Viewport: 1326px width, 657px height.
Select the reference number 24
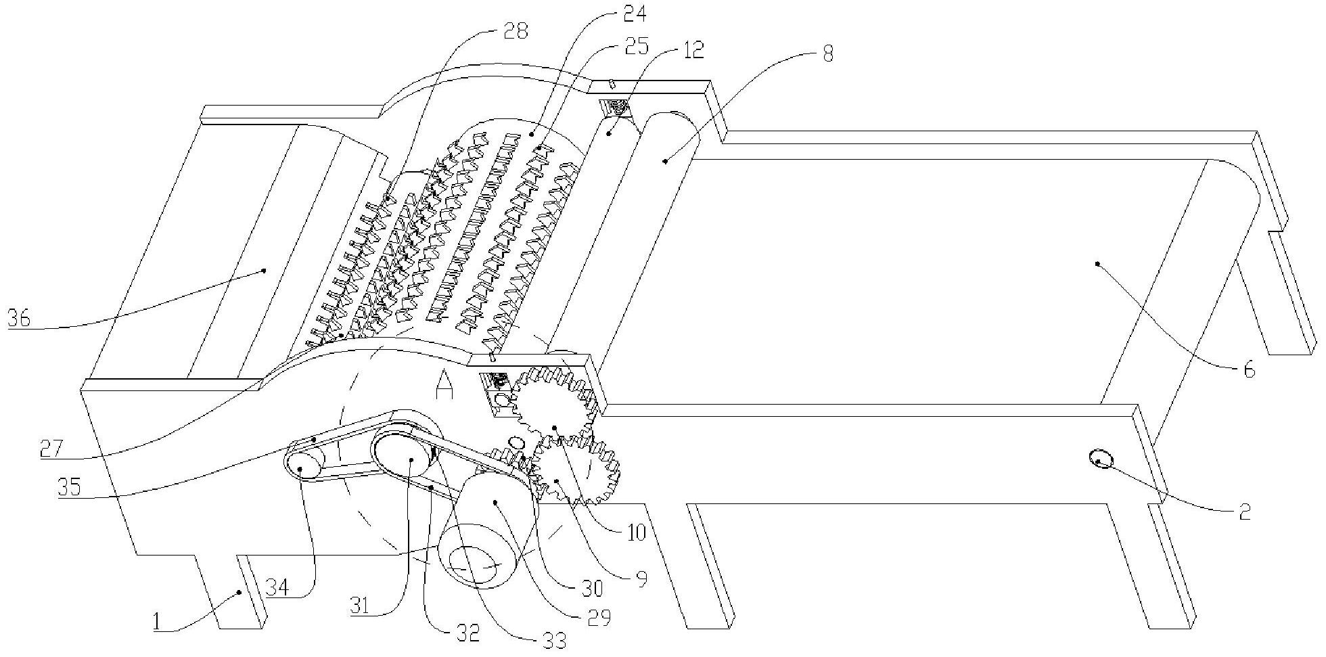tap(633, 14)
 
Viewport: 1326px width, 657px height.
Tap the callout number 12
tap(691, 49)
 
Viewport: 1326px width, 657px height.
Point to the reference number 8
tap(827, 53)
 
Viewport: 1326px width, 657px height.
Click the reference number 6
tap(1249, 370)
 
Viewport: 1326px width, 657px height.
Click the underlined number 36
tap(18, 317)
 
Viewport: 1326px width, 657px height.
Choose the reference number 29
tap(597, 616)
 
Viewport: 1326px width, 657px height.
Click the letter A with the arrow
tap(444, 388)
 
